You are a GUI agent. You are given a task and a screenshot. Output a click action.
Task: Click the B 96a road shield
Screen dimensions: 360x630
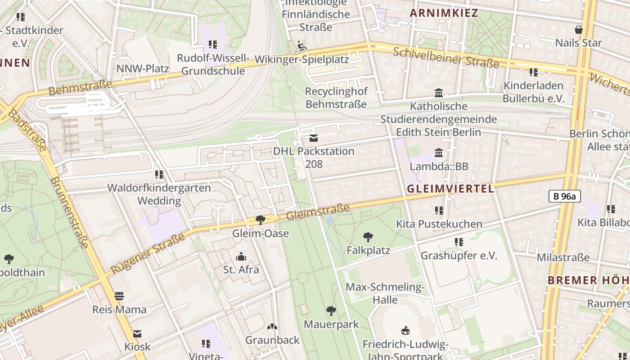[565, 196]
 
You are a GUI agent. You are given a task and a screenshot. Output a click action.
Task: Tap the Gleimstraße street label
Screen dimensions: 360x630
[318, 211]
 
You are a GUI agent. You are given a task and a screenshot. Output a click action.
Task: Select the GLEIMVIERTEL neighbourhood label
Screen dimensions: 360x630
[450, 189]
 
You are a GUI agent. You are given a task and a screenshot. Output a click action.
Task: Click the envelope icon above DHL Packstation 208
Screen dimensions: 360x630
[314, 138]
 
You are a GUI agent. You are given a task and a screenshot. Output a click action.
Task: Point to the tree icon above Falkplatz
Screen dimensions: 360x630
[368, 237]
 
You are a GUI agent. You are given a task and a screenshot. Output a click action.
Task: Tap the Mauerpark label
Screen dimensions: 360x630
[331, 324]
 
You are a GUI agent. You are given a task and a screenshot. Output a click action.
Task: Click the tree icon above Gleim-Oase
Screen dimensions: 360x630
[260, 220]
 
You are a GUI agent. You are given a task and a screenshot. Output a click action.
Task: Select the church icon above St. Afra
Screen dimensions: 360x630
[241, 257]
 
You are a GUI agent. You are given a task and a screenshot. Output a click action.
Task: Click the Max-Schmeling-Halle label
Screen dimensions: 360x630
[385, 293]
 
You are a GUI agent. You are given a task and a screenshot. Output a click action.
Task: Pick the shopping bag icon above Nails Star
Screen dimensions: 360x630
[578, 30]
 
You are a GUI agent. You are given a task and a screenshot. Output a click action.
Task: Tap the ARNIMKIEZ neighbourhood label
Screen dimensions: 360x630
[444, 13]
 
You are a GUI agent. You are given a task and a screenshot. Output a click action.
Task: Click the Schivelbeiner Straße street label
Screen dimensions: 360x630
[446, 57]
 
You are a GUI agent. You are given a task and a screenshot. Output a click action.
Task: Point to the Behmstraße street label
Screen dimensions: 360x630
[80, 87]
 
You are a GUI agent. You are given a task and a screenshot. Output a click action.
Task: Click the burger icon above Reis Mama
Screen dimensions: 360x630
[119, 296]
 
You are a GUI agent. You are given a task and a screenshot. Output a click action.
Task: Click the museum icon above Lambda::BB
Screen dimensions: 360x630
[439, 153]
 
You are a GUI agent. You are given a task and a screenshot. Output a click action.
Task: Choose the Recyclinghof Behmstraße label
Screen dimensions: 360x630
[336, 98]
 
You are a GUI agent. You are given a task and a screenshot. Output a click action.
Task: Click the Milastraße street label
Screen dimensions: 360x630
[563, 257]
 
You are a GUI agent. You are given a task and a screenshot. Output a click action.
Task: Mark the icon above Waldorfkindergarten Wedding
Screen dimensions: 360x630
[159, 175]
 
